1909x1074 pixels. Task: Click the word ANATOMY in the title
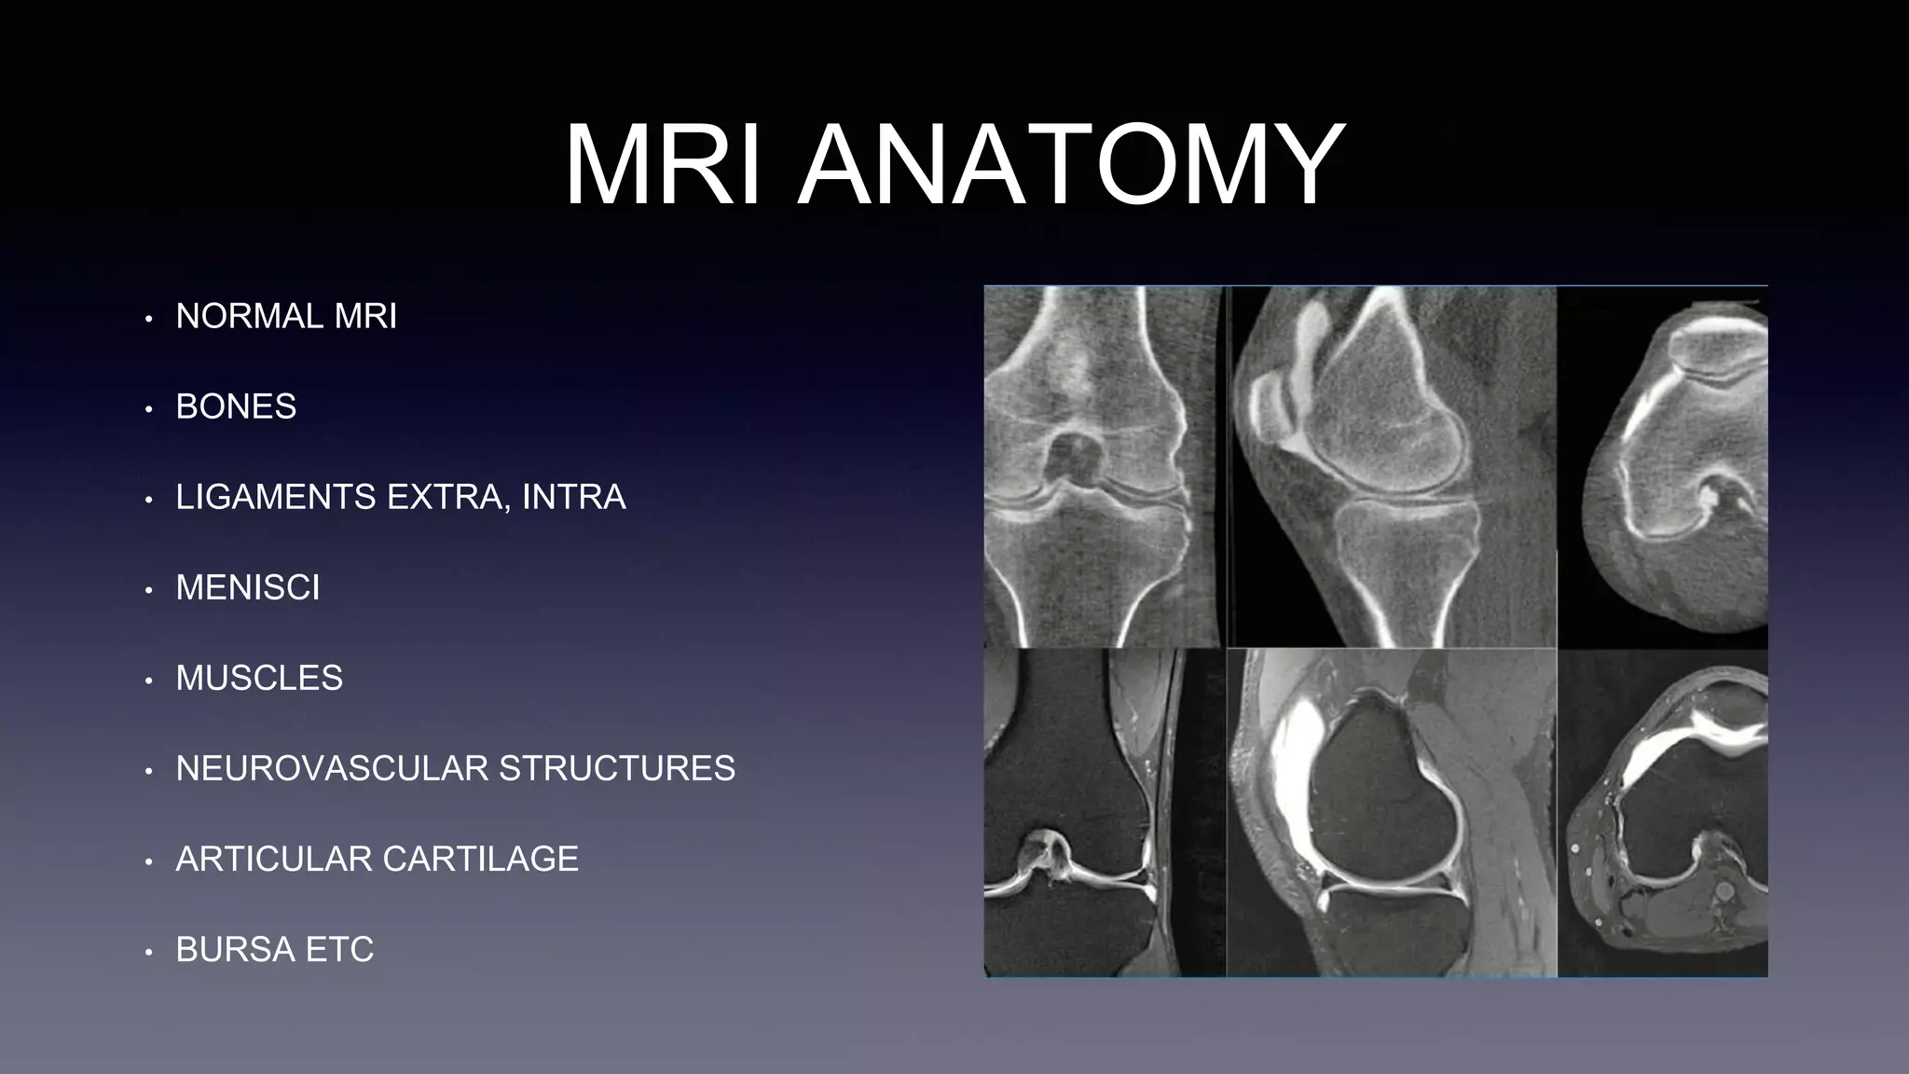(1071, 166)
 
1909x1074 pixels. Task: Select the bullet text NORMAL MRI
(286, 317)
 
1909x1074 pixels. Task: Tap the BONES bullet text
(236, 407)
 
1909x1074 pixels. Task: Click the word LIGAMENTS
(276, 498)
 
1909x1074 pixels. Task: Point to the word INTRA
(573, 498)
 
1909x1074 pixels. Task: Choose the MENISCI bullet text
(248, 588)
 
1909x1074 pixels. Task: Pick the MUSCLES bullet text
(259, 679)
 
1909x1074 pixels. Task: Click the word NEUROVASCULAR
(331, 769)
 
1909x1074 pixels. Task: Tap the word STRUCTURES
(617, 769)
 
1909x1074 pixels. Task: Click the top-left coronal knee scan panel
(1105, 466)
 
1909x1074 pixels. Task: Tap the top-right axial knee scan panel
(1663, 466)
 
